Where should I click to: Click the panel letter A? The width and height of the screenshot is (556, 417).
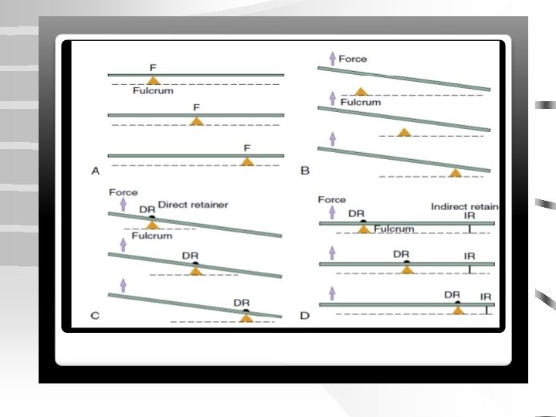96,171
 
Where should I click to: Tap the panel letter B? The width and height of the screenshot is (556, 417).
304,171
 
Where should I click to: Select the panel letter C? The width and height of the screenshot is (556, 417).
96,315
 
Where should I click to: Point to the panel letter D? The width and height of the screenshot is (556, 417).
304,315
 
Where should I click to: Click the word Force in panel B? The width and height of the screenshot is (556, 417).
353,59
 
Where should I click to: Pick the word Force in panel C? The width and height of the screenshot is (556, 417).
124,192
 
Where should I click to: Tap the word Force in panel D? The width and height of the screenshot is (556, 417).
332,199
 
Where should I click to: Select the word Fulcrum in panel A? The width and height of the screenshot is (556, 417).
154,90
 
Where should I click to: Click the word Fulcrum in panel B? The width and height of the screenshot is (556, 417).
361,102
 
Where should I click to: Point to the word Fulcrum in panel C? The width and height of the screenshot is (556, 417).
151,236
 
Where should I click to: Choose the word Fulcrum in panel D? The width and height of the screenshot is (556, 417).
394,229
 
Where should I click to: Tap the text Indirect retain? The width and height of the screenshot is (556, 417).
464,207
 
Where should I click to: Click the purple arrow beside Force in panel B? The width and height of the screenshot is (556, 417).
332,59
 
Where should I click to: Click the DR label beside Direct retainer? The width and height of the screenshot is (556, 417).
147,208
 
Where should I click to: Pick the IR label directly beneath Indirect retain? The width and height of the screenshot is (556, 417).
470,216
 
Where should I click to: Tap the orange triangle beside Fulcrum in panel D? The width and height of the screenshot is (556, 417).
363,229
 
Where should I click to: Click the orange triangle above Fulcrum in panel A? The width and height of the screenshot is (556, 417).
154,80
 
